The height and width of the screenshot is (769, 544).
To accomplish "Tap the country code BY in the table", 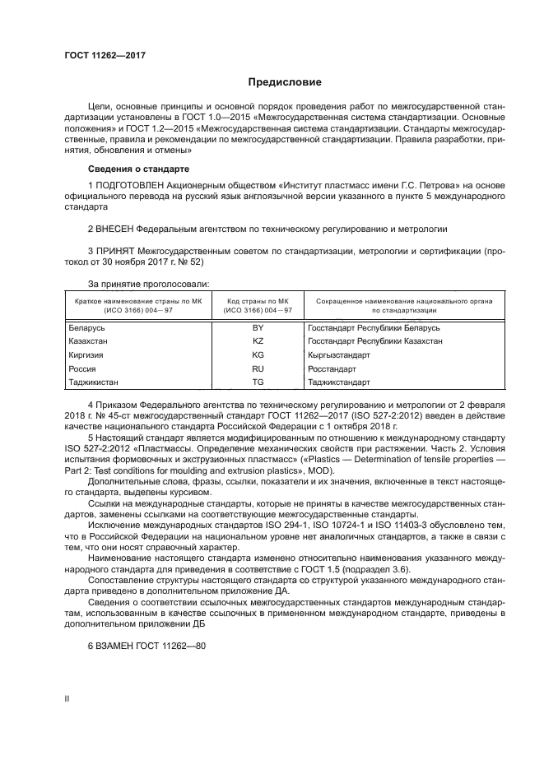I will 258,327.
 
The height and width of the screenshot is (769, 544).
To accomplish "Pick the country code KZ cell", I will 258,340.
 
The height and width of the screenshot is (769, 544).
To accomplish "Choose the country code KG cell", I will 258,354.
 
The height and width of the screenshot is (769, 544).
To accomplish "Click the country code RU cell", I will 258,368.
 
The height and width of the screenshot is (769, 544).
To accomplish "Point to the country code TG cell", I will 258,382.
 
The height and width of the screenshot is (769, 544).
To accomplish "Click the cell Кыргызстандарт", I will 339,354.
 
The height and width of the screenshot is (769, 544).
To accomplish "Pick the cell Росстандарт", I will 331,368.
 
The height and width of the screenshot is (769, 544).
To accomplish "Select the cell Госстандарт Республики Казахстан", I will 374,340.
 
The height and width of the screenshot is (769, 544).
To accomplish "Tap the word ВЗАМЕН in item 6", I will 116,646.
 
